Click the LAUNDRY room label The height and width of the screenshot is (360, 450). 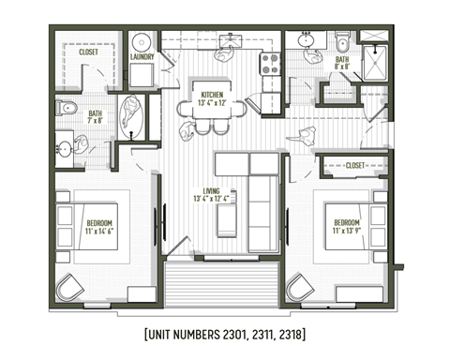(143, 55)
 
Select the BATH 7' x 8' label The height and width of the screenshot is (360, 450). (96, 118)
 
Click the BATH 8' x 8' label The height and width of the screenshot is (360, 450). (341, 63)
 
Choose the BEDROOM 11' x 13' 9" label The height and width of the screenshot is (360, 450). (346, 226)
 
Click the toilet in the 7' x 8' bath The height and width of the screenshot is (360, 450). (65, 109)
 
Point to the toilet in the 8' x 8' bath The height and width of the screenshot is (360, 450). (342, 41)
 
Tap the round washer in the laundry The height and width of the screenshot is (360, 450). (142, 42)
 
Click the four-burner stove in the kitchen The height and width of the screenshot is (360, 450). (270, 64)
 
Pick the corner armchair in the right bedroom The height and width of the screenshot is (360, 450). (300, 287)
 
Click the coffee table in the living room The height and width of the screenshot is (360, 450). (227, 221)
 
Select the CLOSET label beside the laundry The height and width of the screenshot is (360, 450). (88, 52)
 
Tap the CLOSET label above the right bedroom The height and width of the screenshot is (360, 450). (354, 165)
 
